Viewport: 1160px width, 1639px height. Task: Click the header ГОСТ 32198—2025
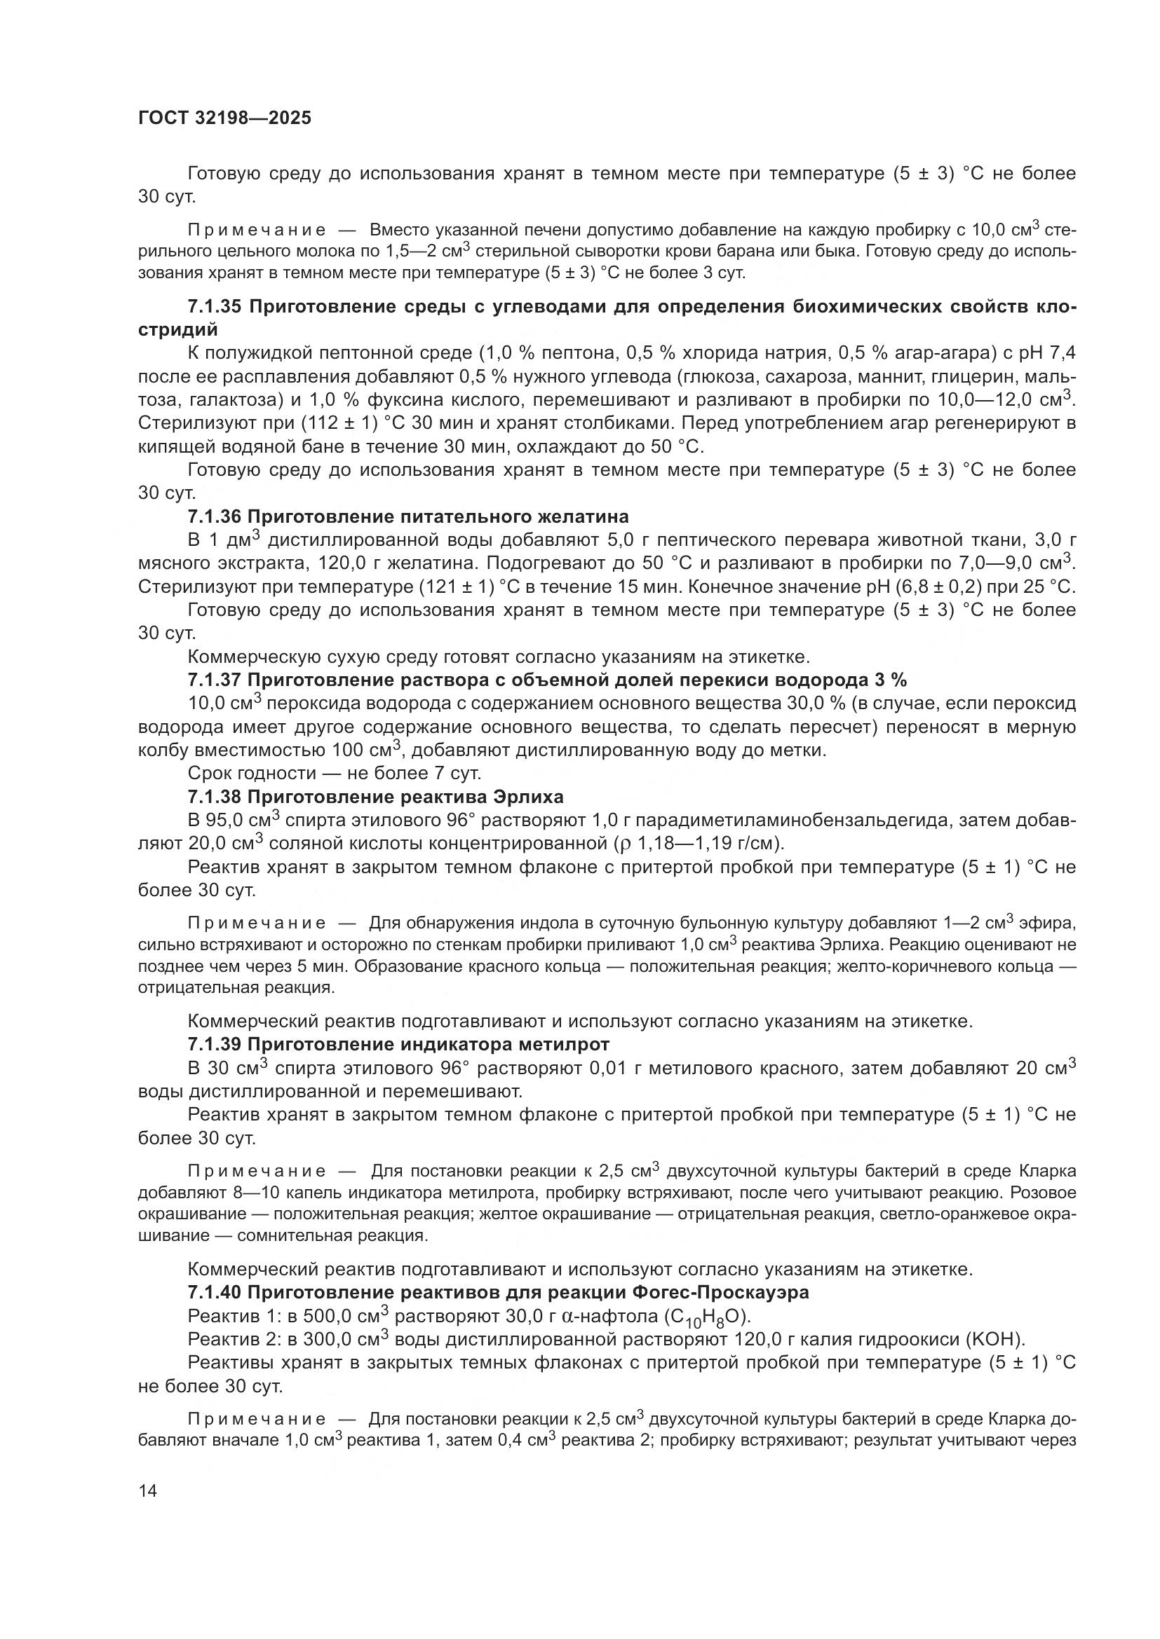[224, 118]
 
